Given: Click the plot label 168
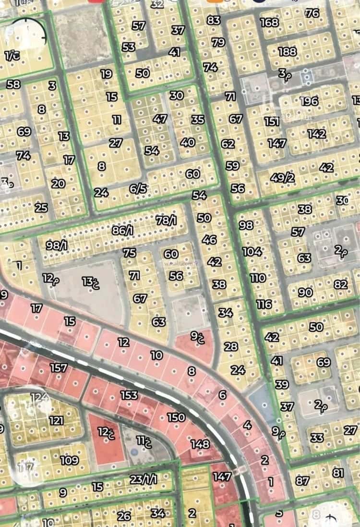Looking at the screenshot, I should tap(269, 22).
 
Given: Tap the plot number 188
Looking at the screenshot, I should tap(287, 51).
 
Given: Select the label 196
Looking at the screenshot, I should tap(309, 101).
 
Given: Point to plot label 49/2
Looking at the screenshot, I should tap(282, 177).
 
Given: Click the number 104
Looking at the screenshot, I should tap(252, 251).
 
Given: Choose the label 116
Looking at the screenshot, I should tap(264, 304).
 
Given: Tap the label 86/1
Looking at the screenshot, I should tap(122, 231).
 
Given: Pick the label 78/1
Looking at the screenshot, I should tap(166, 221).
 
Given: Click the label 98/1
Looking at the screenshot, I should tap(57, 245).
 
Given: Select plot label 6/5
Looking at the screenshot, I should tap(138, 189).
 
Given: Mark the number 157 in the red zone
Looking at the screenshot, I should tap(58, 368).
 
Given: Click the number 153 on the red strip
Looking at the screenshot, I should tap(129, 395).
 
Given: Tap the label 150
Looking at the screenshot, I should tap(176, 417).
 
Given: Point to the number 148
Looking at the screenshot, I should tap(200, 444).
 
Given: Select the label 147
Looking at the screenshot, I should tap(222, 477).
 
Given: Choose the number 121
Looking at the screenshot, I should tap(56, 421).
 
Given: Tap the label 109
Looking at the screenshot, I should tap(69, 460).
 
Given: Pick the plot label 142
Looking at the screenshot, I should tap(317, 134).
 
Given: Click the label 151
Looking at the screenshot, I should tap(272, 122).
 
